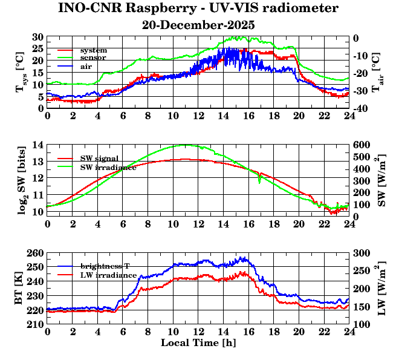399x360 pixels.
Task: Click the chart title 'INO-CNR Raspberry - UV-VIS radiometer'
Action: (x=198, y=9)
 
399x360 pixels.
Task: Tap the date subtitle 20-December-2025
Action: (x=198, y=25)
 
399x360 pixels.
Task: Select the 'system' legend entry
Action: (x=93, y=49)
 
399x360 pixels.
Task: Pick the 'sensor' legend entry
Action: (x=93, y=57)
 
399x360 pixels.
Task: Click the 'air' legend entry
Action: (x=86, y=66)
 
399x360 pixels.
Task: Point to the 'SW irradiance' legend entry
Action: (x=108, y=166)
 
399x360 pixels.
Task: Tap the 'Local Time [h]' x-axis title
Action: (x=198, y=343)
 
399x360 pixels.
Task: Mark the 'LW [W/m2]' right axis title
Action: (x=380, y=288)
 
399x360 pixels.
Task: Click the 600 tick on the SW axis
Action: (x=361, y=145)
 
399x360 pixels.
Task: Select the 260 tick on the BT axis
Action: (x=36, y=253)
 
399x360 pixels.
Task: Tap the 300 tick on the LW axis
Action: (x=361, y=253)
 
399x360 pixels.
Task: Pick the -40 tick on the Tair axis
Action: (x=361, y=108)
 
